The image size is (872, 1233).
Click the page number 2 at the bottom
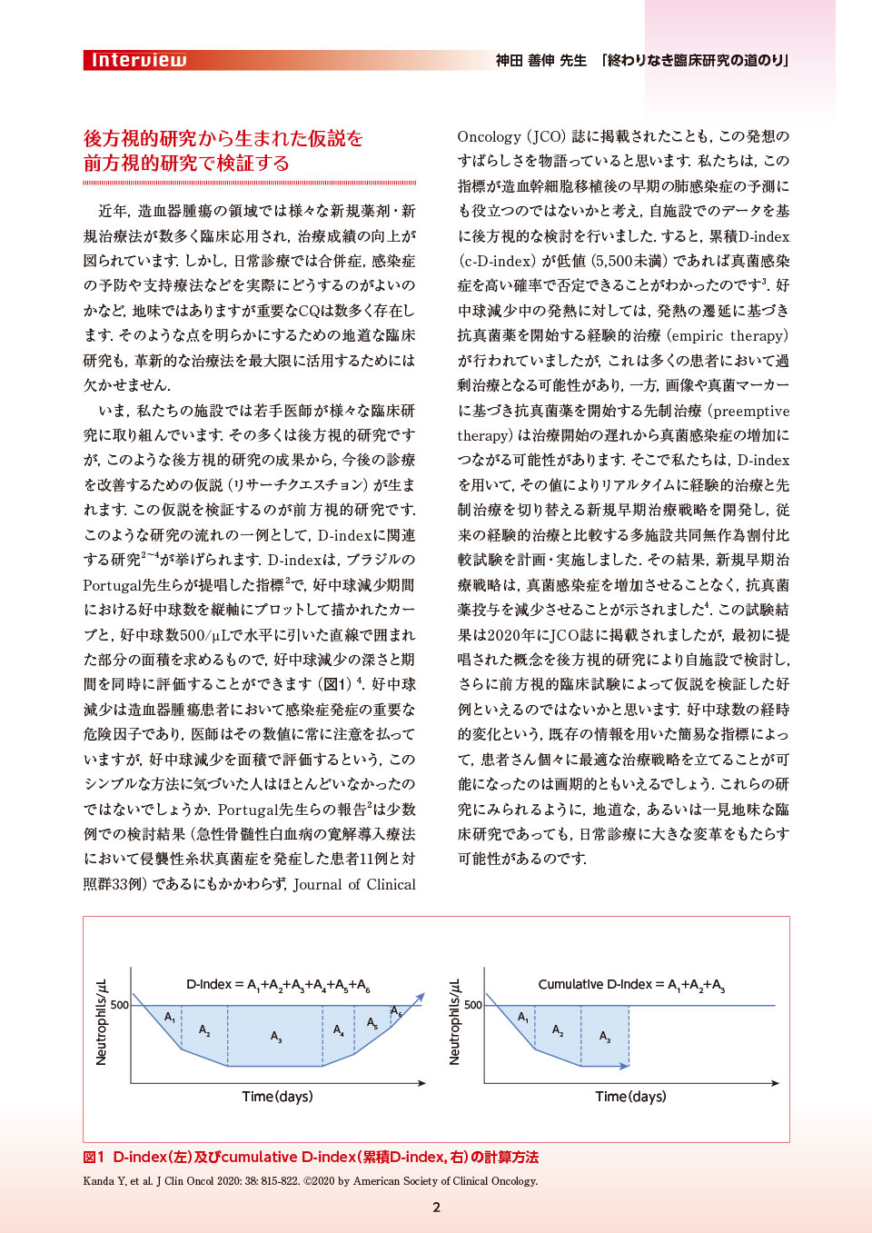(x=436, y=1207)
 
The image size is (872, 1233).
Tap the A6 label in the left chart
(x=396, y=1011)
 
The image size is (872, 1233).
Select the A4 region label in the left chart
(x=339, y=1030)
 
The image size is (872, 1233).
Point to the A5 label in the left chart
(x=372, y=1023)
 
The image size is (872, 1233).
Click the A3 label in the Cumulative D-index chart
(x=605, y=1037)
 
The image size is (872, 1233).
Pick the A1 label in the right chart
(x=523, y=1018)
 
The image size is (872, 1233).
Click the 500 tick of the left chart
(x=120, y=1005)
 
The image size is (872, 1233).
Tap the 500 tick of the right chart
(x=473, y=1005)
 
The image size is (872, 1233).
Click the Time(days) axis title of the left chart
(x=277, y=1097)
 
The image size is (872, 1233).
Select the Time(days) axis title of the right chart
(x=630, y=1097)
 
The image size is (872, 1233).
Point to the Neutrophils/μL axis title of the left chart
(x=101, y=1022)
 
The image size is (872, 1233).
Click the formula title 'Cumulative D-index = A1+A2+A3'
(x=631, y=985)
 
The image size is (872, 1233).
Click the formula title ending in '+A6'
(x=277, y=985)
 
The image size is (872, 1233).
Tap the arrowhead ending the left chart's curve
(x=421, y=998)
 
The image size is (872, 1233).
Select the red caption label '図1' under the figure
(x=94, y=1158)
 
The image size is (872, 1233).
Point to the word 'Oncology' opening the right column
(x=489, y=136)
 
